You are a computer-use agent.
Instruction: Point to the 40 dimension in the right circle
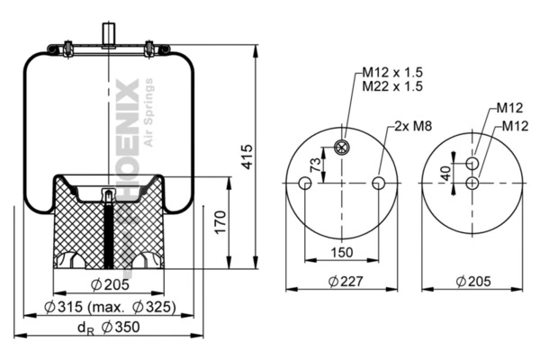pos(445,172)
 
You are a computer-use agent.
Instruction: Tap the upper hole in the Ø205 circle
pos(472,162)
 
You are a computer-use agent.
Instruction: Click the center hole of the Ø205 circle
pos(472,183)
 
